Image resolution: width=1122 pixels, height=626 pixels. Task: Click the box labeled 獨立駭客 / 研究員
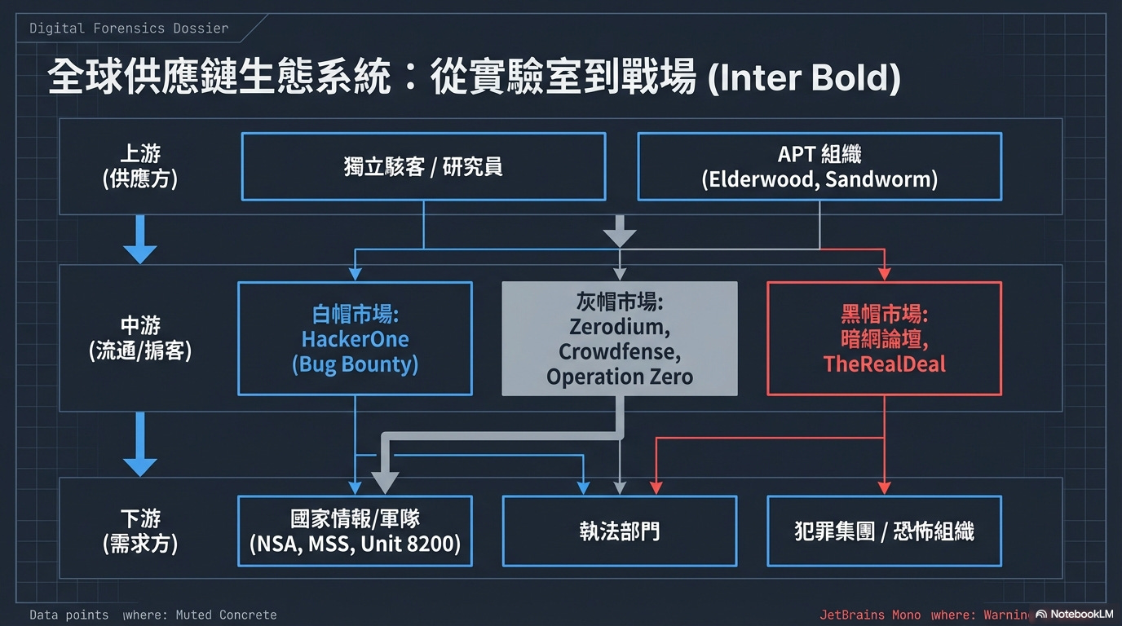pyautogui.click(x=423, y=167)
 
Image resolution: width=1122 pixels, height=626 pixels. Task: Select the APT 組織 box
pyautogui.click(x=819, y=167)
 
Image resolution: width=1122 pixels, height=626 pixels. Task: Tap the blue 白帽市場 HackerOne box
pyautogui.click(x=355, y=339)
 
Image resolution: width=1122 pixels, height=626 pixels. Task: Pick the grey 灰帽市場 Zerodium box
pyautogui.click(x=620, y=339)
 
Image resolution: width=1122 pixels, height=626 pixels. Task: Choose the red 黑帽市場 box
pyautogui.click(x=885, y=339)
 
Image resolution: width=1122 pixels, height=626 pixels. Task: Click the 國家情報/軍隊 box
pyautogui.click(x=355, y=531)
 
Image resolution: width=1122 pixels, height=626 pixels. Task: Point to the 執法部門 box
pyautogui.click(x=620, y=531)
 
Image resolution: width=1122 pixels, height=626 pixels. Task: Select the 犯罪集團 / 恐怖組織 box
pyautogui.click(x=885, y=531)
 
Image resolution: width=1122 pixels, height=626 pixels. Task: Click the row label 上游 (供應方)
pyautogui.click(x=139, y=166)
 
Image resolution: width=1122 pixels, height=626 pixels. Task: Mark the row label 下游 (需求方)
pyautogui.click(x=139, y=531)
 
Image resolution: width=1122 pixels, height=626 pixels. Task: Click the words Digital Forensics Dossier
pyautogui.click(x=129, y=29)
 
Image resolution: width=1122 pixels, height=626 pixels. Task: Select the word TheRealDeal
pyautogui.click(x=885, y=364)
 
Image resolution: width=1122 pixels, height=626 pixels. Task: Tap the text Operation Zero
pyautogui.click(x=620, y=377)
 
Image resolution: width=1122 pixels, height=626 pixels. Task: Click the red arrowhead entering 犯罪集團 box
pyautogui.click(x=885, y=487)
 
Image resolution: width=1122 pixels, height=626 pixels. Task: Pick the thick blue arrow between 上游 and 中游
pyautogui.click(x=139, y=239)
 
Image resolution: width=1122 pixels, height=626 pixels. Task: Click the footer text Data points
pyautogui.click(x=69, y=615)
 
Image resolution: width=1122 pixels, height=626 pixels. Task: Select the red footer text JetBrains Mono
pyautogui.click(x=870, y=615)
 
